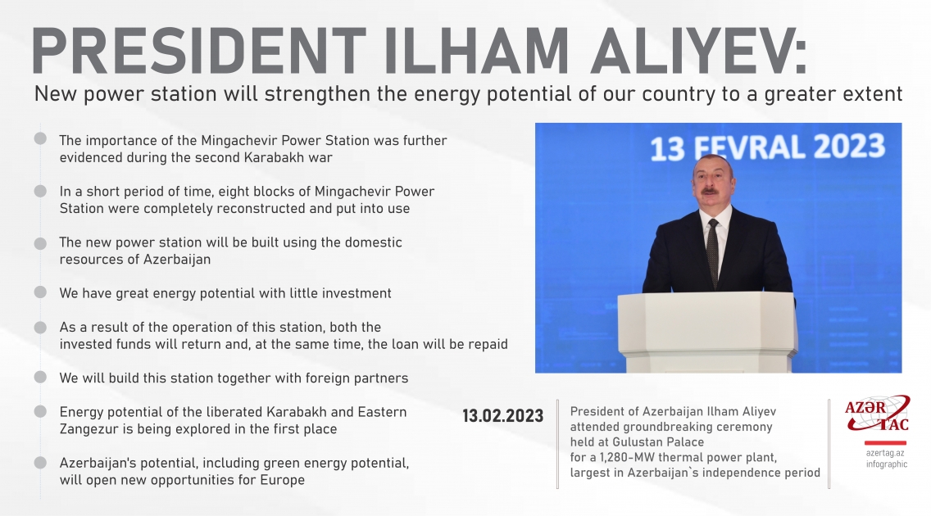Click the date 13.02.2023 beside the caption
point(502,416)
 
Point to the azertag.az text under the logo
point(886,452)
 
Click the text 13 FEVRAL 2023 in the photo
point(767,148)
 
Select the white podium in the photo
point(706,328)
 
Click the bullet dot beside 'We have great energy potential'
point(40,292)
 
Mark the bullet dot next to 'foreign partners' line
point(40,378)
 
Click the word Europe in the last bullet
point(284,480)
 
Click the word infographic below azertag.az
point(886,464)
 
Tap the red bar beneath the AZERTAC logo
point(886,441)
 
